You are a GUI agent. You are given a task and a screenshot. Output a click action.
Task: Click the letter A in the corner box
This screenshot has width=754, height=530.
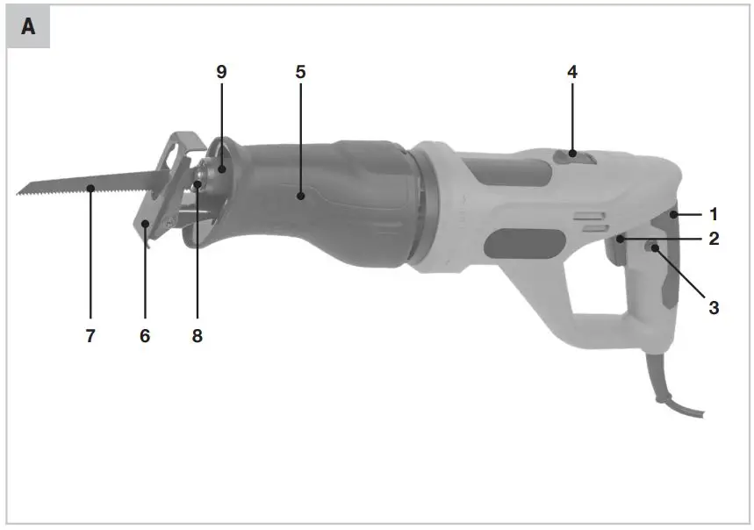pos(28,27)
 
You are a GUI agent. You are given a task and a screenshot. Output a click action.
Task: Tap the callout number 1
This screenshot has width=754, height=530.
pos(714,213)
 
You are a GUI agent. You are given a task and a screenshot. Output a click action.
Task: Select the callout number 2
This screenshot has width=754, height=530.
pos(714,238)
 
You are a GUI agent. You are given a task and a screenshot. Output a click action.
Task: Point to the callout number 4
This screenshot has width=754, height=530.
pos(571,72)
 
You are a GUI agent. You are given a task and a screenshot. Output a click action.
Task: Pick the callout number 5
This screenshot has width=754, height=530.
pos(300,72)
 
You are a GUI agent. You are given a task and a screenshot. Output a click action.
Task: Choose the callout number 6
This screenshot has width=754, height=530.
pos(145,335)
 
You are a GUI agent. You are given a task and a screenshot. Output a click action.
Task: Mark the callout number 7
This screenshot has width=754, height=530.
pos(90,335)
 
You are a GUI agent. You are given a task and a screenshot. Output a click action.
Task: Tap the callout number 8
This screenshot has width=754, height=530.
pos(197,335)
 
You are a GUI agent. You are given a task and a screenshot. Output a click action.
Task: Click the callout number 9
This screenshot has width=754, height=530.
pos(221,72)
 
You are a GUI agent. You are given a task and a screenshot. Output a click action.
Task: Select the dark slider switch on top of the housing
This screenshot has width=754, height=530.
pos(571,157)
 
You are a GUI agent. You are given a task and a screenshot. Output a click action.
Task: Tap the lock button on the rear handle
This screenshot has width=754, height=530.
pos(654,249)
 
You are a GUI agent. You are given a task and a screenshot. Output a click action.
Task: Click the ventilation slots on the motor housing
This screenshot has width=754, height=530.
pos(589,219)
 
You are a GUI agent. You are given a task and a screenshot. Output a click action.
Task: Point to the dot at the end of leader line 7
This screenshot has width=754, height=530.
pos(90,186)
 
